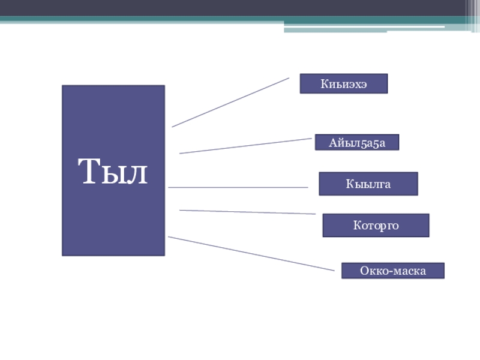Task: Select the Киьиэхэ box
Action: click(344, 83)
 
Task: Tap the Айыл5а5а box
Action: click(356, 142)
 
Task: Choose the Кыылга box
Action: click(368, 184)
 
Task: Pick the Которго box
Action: click(376, 225)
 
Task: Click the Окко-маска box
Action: click(393, 271)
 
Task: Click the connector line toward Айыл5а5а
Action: click(245, 146)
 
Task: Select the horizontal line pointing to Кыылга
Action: click(238, 187)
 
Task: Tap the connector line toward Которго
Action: click(247, 212)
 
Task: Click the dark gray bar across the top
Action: click(240, 8)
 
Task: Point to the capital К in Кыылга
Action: click(349, 184)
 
